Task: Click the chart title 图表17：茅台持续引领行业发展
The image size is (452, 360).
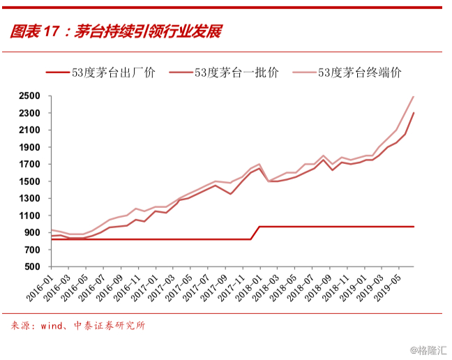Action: click(116, 31)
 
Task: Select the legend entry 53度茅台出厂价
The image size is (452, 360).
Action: click(101, 73)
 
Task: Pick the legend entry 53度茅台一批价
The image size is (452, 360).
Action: click(224, 73)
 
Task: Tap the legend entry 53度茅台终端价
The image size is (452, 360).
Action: click(347, 73)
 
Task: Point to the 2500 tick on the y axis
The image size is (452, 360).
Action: click(29, 96)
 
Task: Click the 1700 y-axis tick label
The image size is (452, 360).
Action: click(29, 164)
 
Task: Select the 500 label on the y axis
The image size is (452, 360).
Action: click(32, 267)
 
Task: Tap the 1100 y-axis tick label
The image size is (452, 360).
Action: click(29, 216)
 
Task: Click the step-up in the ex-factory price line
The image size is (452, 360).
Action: click(255, 233)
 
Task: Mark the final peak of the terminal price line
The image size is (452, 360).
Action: click(414, 96)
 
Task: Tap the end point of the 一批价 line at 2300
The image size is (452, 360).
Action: click(414, 113)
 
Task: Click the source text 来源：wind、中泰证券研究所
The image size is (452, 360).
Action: click(78, 326)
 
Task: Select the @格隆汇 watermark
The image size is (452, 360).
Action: click(429, 350)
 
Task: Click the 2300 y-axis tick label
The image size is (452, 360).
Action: click(29, 113)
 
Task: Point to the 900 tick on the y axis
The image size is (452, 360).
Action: click(32, 232)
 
